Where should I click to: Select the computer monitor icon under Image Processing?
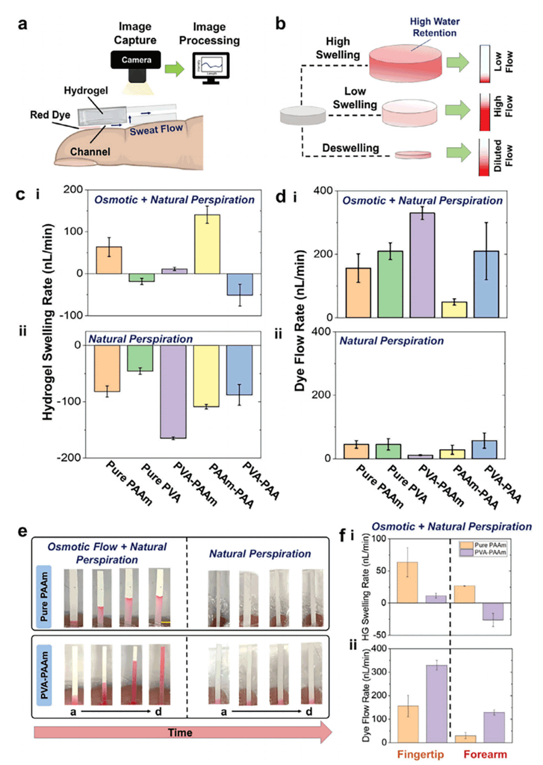(210, 68)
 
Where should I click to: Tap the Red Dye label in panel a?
(50, 115)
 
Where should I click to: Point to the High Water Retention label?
(434, 27)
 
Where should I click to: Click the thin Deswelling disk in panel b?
(413, 154)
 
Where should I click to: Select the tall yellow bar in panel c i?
(207, 244)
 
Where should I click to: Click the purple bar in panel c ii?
(173, 391)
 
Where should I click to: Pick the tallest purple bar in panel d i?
(422, 265)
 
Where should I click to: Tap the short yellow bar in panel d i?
(454, 309)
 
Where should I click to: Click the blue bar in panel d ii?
(484, 449)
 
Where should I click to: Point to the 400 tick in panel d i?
(323, 191)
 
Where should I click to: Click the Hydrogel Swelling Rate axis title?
(48, 321)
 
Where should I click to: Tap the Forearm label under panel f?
(485, 754)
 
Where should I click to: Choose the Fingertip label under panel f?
(420, 754)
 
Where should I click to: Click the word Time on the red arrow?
(180, 733)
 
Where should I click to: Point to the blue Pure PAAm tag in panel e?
(44, 597)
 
